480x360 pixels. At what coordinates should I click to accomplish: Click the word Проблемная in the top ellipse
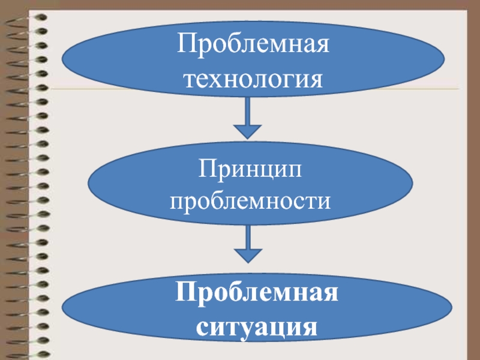[x=253, y=46]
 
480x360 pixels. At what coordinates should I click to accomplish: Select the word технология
[x=253, y=79]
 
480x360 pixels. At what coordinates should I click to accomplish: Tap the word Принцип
[x=251, y=170]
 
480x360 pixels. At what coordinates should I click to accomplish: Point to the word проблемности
[x=251, y=202]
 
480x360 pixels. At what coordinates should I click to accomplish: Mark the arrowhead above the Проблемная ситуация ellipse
[x=247, y=255]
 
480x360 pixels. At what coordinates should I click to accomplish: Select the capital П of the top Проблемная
[x=184, y=46]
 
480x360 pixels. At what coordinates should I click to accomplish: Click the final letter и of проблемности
[x=324, y=202]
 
